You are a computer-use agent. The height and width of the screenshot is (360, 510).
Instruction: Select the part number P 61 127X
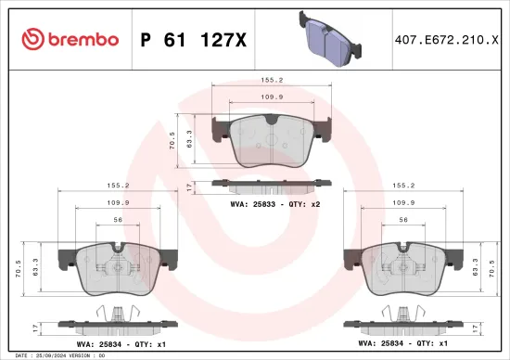(193, 39)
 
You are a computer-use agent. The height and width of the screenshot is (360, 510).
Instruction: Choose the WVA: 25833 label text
(250, 201)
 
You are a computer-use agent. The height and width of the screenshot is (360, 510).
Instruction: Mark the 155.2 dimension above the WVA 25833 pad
(271, 81)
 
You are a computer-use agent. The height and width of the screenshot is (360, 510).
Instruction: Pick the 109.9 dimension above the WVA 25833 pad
(271, 97)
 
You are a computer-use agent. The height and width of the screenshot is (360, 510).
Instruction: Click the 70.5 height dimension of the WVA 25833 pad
(171, 142)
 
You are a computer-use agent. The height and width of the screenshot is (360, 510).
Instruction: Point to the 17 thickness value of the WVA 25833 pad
(188, 186)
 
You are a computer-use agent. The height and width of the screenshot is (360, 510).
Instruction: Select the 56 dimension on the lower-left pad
(117, 220)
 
